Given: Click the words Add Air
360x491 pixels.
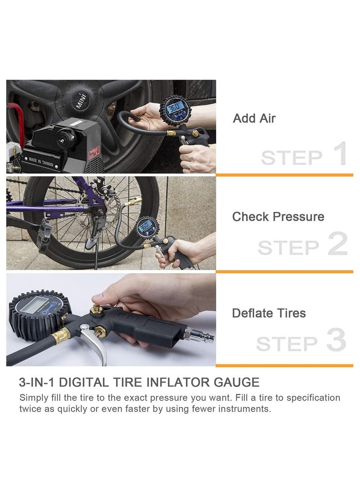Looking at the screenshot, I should (254, 119).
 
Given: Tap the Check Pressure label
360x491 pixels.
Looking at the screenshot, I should (278, 217).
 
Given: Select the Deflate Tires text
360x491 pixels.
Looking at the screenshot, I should (269, 313).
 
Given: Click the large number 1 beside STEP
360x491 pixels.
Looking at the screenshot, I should (338, 154).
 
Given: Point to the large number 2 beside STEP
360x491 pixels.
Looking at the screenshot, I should (337, 245).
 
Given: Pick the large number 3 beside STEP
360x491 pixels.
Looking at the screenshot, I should (336, 342).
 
